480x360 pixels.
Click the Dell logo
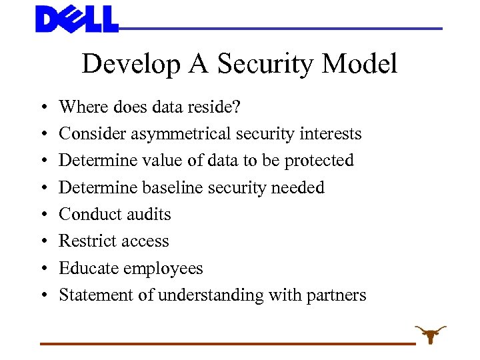[77, 19]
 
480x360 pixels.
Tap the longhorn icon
[430, 333]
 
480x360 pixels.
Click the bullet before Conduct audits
[42, 215]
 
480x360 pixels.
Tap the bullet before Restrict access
[42, 241]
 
